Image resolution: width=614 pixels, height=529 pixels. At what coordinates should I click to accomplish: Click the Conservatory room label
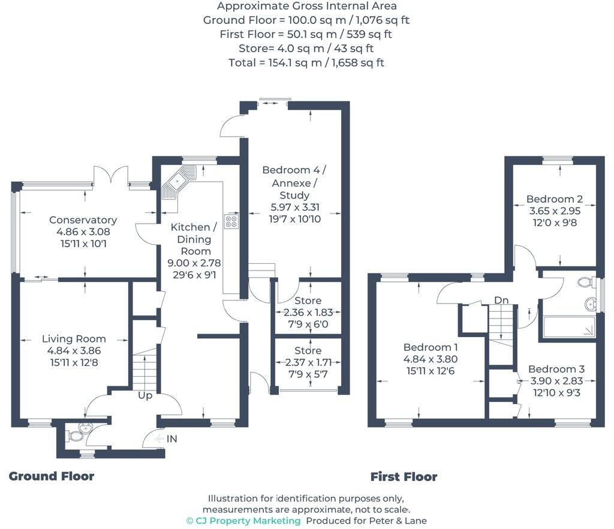83,220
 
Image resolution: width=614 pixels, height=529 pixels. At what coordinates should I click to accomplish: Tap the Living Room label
74,339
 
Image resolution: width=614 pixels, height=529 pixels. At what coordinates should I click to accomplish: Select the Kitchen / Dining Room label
194,239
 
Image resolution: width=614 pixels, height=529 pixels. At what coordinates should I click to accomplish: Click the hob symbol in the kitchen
231,221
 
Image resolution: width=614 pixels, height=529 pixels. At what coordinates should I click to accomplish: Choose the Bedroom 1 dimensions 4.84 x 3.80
431,359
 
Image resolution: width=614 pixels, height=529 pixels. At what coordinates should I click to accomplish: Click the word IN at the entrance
172,439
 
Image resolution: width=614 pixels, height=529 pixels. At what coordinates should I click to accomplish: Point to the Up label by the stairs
145,396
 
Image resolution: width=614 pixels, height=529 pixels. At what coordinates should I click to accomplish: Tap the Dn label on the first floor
502,300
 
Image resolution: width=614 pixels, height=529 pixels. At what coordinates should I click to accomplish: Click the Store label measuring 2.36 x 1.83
308,300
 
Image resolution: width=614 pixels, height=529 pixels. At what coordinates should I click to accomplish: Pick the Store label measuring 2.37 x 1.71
308,350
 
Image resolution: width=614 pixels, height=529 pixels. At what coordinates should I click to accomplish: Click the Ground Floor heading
52,476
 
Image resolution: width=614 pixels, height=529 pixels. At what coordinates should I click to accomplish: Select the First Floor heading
404,477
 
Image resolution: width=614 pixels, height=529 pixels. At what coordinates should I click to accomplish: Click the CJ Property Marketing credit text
243,521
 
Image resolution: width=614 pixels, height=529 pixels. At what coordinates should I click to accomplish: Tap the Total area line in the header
306,62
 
